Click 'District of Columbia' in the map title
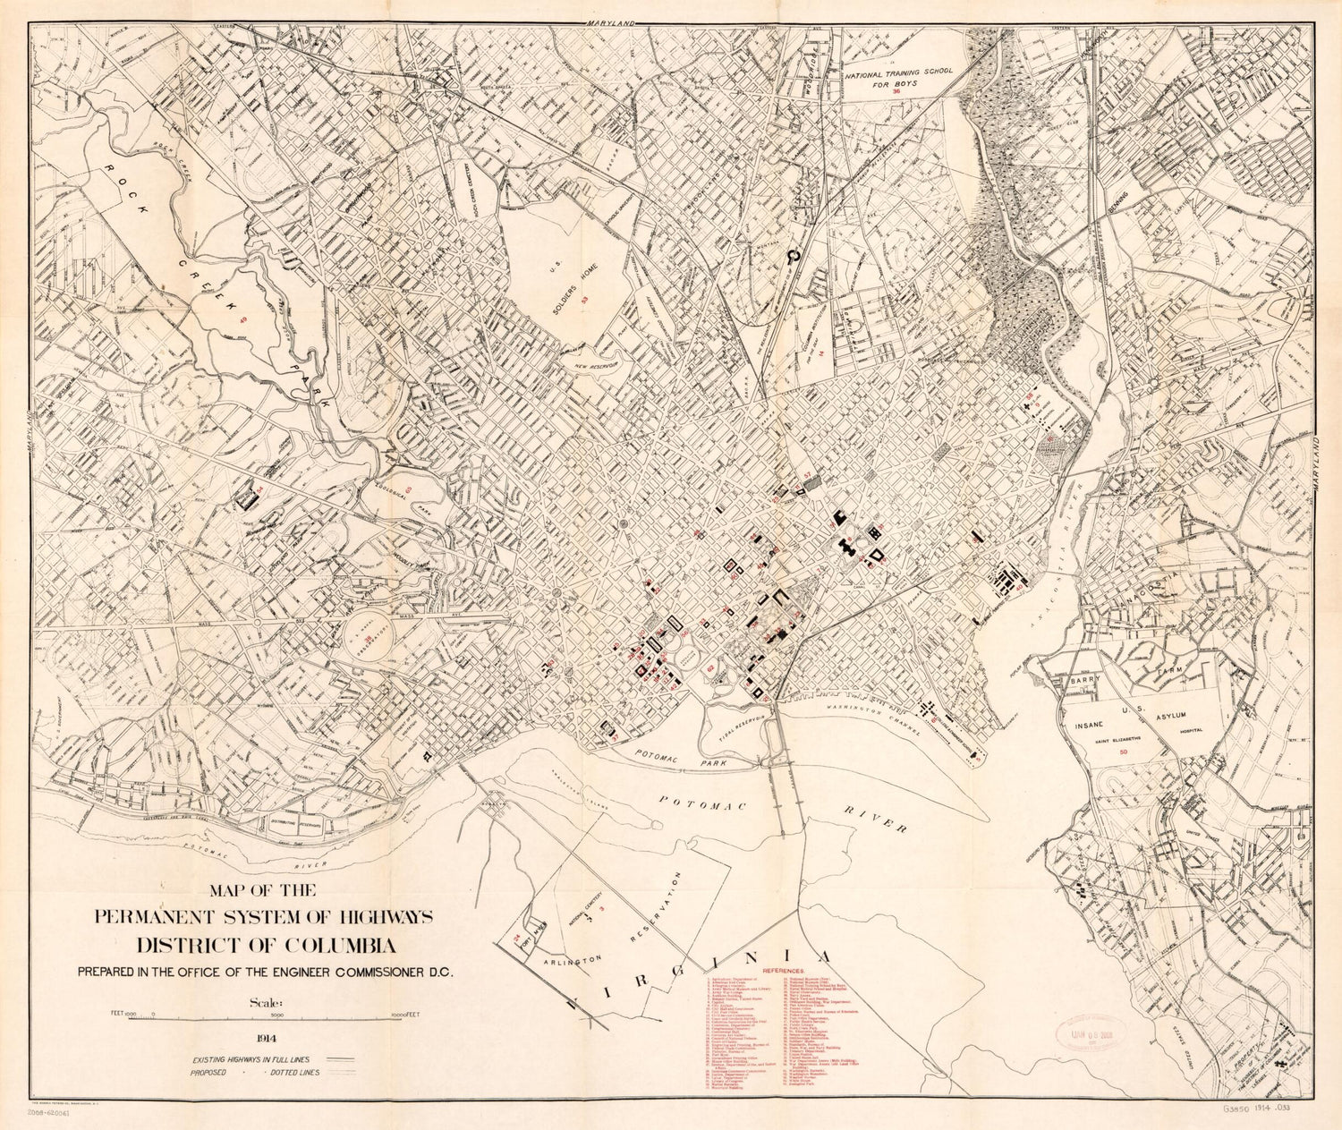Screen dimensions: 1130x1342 (267, 946)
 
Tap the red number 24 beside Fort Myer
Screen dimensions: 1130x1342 (517, 938)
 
